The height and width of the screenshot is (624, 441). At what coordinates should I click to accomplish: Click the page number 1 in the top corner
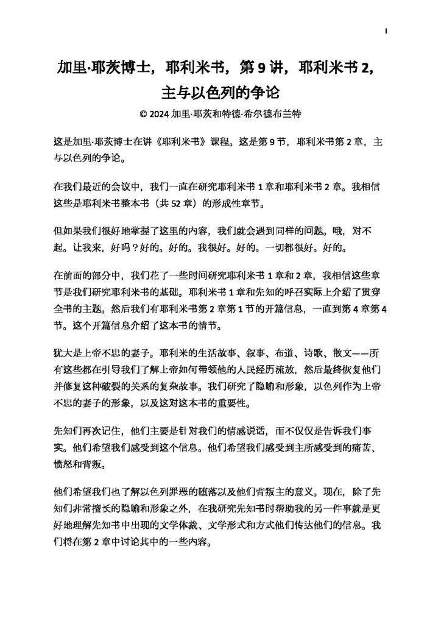[387, 32]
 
